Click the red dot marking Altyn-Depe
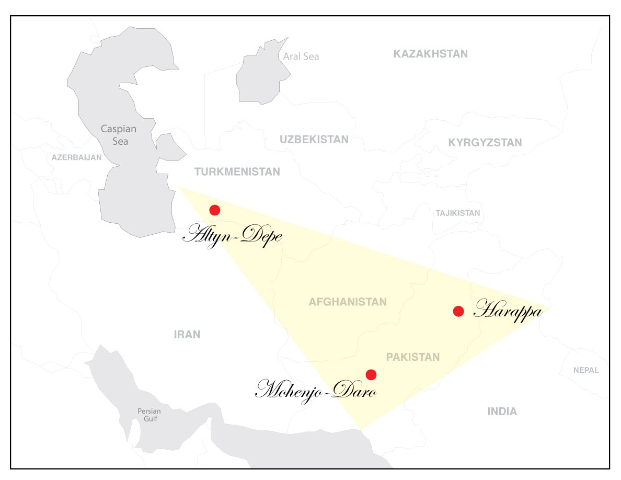tap(214, 210)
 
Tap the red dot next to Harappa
tap(458, 311)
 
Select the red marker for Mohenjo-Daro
tap(371, 374)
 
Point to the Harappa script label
tap(508, 312)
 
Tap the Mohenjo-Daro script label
tap(316, 390)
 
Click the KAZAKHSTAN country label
tap(431, 54)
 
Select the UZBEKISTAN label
tap(314, 140)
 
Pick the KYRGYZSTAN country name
tap(485, 143)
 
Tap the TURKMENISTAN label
tap(237, 172)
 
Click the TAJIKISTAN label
tap(457, 213)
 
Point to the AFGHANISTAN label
tap(348, 302)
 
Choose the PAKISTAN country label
tap(413, 357)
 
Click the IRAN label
tap(187, 335)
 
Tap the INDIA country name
tap(502, 412)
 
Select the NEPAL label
tap(586, 370)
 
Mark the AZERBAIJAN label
tap(76, 157)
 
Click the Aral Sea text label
tap(301, 56)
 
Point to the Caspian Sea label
tap(118, 134)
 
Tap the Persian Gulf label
tap(149, 415)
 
